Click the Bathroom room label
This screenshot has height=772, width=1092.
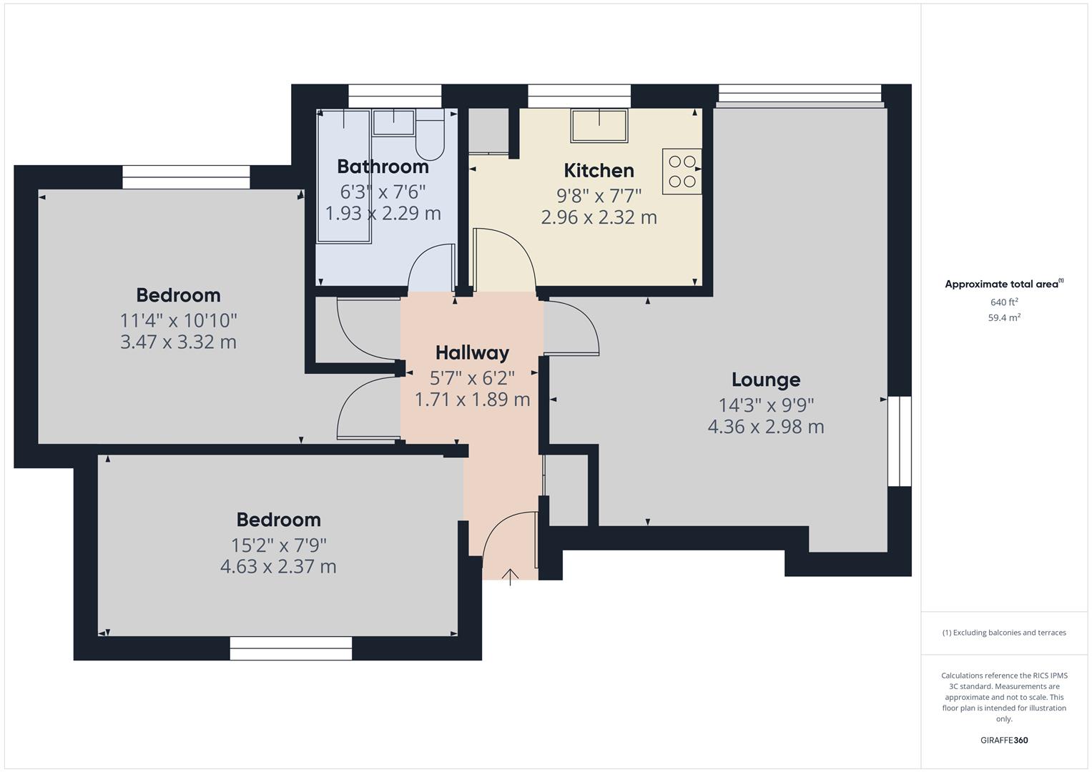[x=383, y=167]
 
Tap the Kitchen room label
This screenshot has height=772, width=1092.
[x=599, y=171]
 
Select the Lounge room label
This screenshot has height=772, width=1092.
[x=765, y=380]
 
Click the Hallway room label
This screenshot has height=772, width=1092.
[x=472, y=352]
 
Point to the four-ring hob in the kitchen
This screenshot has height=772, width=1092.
[x=682, y=172]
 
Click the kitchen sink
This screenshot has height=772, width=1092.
[x=599, y=126]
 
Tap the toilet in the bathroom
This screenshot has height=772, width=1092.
[x=430, y=136]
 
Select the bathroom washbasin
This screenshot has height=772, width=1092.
[x=393, y=122]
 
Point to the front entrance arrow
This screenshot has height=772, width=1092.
[x=510, y=576]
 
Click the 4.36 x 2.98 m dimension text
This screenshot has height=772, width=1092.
[x=765, y=427]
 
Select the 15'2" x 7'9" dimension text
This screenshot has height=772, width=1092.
[x=278, y=545]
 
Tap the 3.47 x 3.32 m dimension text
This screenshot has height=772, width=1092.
[x=178, y=342]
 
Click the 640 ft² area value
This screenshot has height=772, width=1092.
[x=1003, y=302]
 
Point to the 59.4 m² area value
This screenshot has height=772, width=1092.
[x=1003, y=318]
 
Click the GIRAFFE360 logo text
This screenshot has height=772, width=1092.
[x=1003, y=740]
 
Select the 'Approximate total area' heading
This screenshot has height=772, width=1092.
[x=1003, y=284]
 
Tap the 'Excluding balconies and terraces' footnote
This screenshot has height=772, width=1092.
[x=1003, y=633]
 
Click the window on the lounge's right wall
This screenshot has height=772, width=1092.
[x=899, y=441]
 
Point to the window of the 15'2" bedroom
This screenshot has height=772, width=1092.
[x=290, y=648]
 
